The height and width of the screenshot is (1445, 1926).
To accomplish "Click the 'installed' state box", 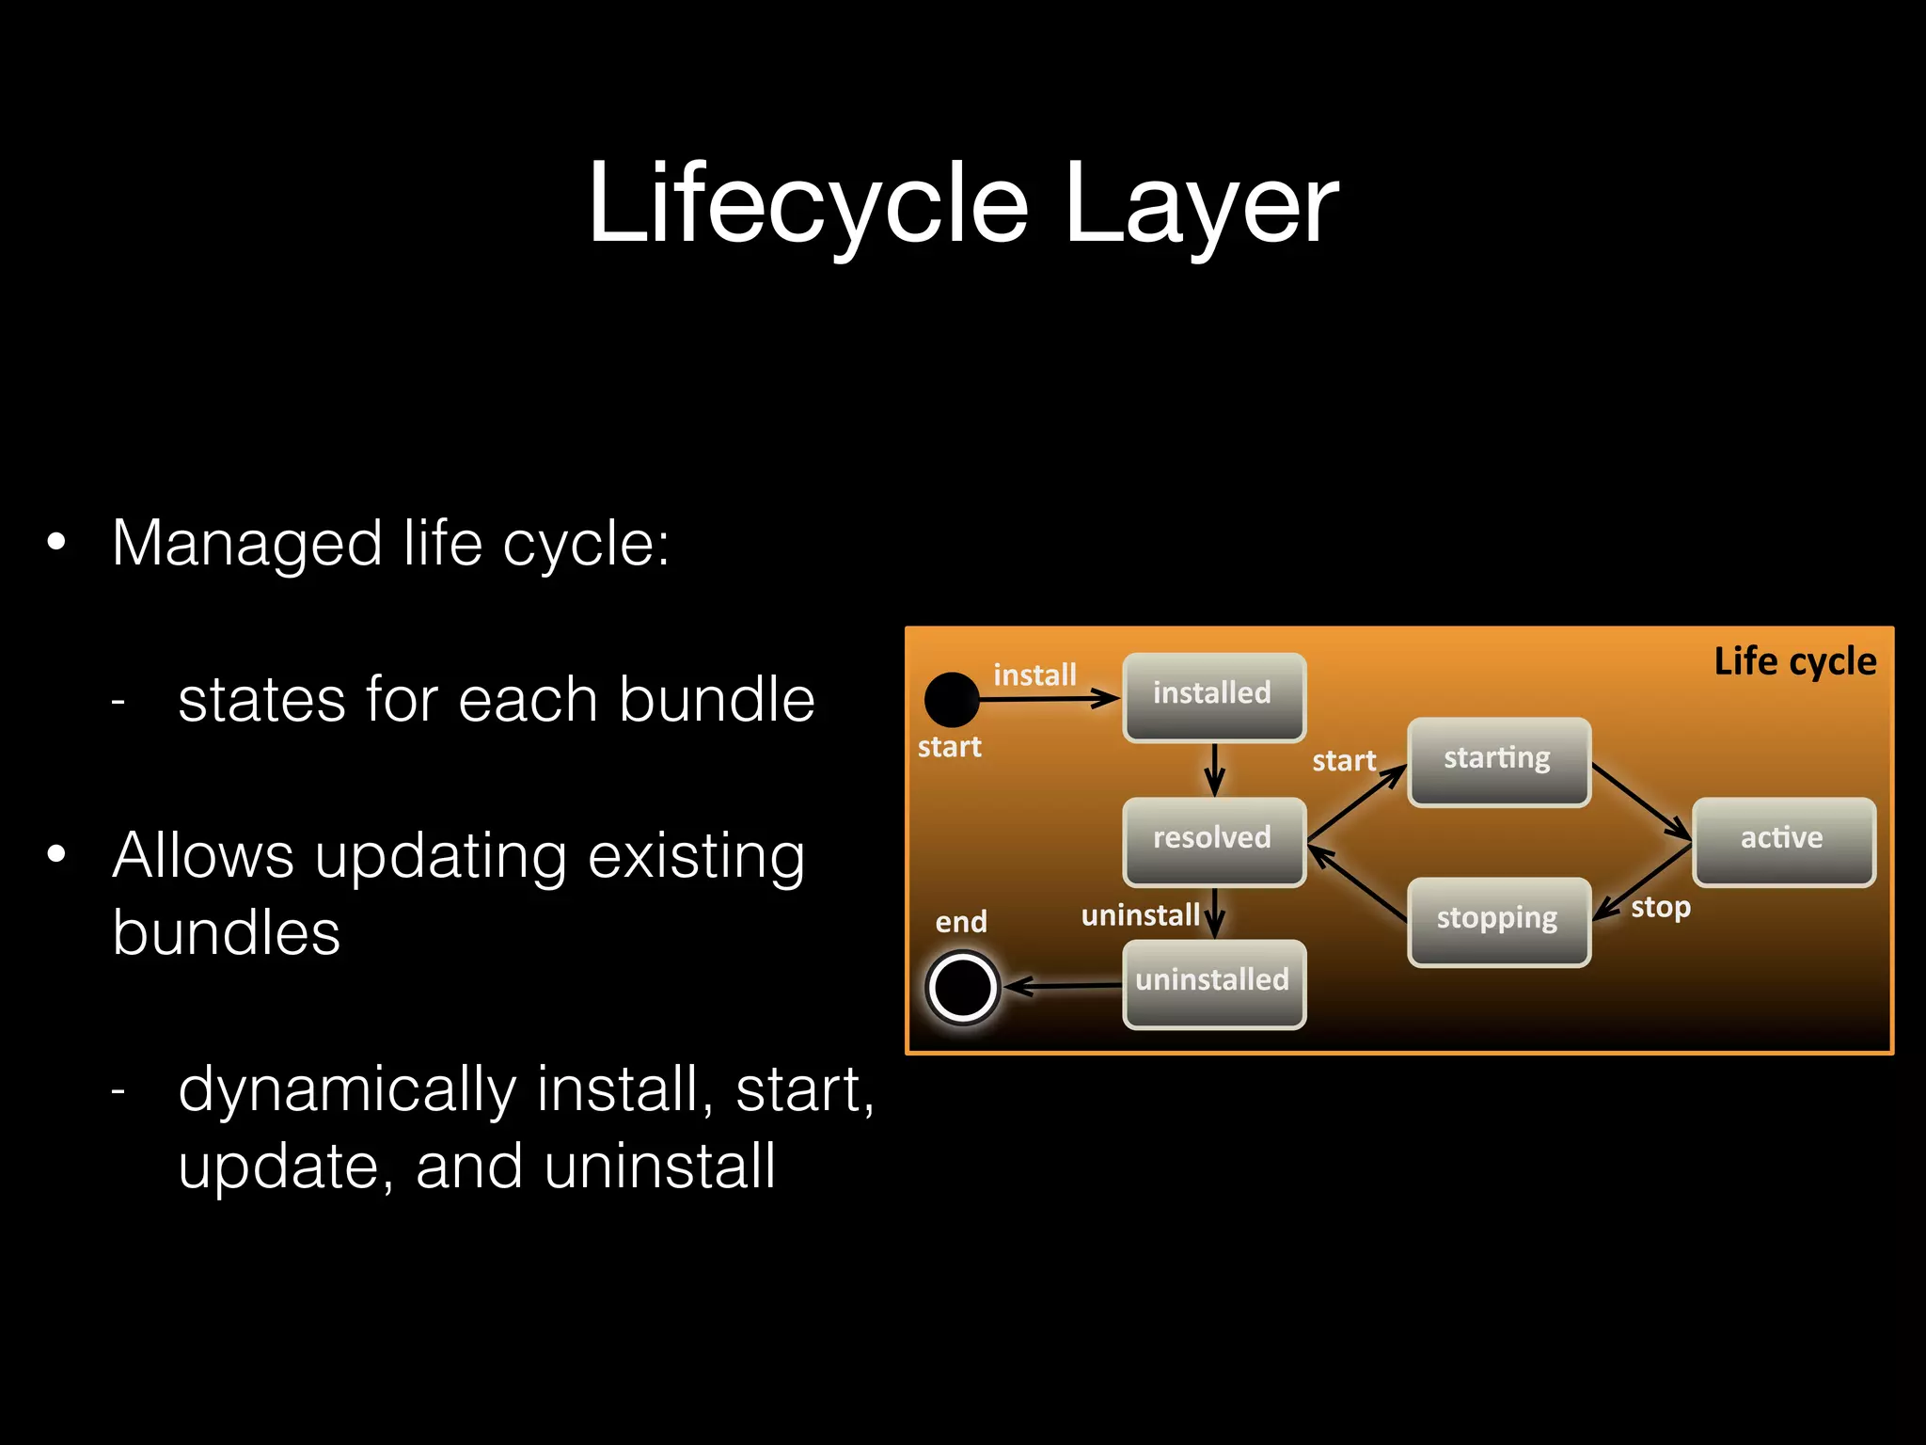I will pos(1213,696).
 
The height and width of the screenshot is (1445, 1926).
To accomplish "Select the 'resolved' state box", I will pos(1213,840).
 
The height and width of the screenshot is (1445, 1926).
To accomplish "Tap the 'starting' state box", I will pos(1497,760).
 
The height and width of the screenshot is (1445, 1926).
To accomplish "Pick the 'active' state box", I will pos(1782,840).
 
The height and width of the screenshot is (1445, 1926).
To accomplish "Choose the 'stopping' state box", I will pos(1497,920).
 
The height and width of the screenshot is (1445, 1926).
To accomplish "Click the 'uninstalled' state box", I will pos(1213,983).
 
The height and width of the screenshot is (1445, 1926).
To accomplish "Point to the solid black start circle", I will pos(952,700).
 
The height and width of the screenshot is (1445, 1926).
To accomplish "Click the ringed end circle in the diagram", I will pos(962,987).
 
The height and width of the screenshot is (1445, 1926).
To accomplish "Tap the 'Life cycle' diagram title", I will pos(1794,661).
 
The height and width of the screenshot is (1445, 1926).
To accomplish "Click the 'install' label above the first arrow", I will pos(1034,675).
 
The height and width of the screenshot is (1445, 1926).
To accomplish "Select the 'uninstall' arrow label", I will pos(1140,914).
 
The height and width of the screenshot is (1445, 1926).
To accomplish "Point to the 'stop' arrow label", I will pos(1661,907).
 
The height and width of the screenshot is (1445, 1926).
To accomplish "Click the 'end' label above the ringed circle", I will pos(961,922).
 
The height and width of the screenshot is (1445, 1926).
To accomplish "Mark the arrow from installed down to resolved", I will pos(1214,770).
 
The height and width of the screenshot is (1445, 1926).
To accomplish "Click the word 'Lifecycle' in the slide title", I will pos(808,204).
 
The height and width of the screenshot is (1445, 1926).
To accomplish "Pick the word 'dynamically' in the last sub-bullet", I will pos(347,1089).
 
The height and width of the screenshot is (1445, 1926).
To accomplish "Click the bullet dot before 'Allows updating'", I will pos(57,854).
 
